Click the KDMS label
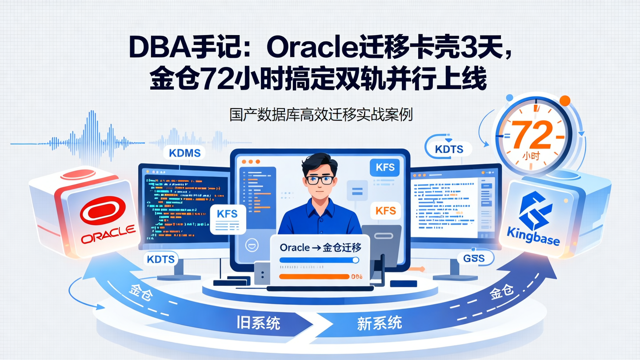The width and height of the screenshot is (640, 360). [x=185, y=153]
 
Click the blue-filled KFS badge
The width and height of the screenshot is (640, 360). [x=385, y=168]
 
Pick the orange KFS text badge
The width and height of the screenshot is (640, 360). [x=385, y=211]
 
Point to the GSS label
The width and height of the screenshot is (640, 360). [x=473, y=258]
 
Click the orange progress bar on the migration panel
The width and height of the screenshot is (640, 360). [x=314, y=276]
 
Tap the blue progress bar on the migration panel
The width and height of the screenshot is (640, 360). [x=319, y=260]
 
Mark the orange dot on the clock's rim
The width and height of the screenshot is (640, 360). [x=565, y=100]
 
